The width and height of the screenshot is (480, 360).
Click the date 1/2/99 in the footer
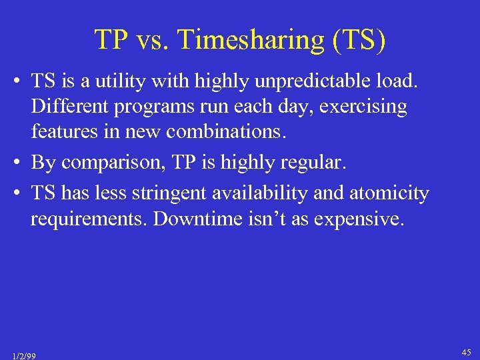(24, 355)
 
